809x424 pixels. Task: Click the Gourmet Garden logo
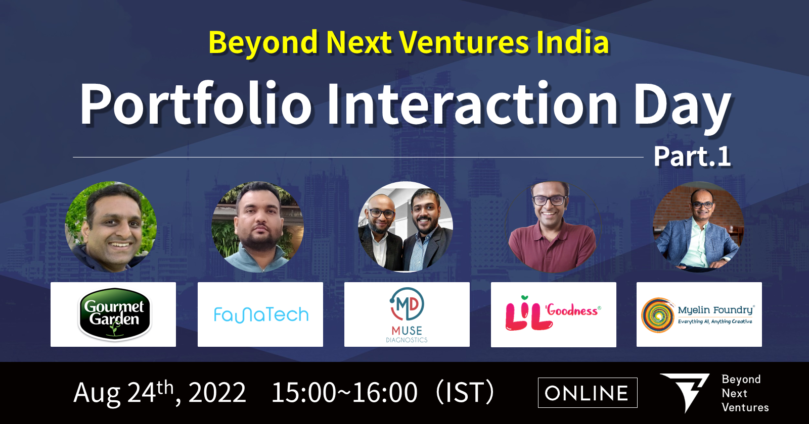tap(114, 314)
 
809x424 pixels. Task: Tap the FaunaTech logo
tap(261, 315)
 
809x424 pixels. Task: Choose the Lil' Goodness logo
tap(553, 313)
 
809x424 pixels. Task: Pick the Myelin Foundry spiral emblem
tap(658, 315)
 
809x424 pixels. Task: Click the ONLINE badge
tap(588, 393)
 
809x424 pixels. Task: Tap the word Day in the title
tap(682, 107)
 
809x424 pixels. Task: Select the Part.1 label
tap(692, 156)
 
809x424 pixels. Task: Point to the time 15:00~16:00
tap(344, 392)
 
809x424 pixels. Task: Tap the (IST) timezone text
tap(465, 392)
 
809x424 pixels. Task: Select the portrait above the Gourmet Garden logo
tap(111, 227)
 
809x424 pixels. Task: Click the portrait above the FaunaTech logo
tap(257, 227)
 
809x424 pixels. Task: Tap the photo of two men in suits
tap(406, 227)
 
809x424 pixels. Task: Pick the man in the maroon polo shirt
tap(552, 227)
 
